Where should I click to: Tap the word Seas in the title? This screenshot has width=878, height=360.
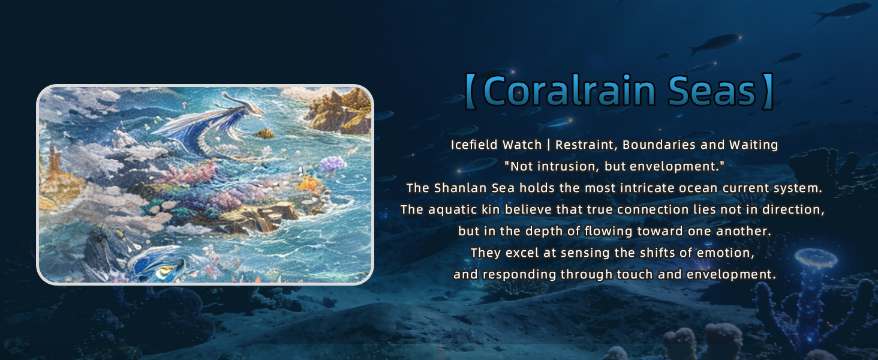click(711, 91)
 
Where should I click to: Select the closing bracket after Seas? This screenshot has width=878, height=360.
click(768, 91)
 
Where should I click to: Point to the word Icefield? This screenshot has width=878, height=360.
click(474, 145)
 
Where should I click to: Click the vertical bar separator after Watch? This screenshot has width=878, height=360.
click(548, 145)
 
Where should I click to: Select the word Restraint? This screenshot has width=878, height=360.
click(587, 145)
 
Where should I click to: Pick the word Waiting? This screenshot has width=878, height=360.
click(753, 145)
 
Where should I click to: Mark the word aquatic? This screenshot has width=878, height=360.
click(452, 210)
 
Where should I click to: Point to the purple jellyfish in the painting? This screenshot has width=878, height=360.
click(333, 164)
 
